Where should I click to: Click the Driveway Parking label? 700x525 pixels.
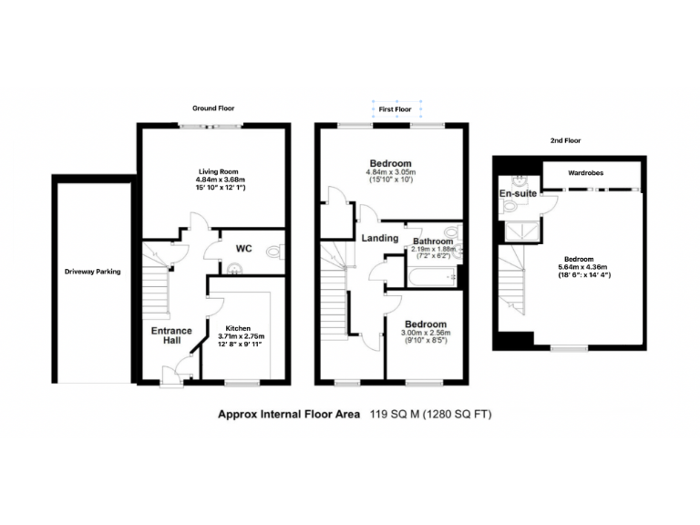[x=92, y=272]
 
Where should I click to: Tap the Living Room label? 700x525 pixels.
[x=217, y=170]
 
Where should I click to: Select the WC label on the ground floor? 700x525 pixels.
[x=243, y=248]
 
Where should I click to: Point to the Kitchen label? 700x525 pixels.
[x=238, y=327]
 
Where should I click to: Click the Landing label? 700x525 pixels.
[x=380, y=239]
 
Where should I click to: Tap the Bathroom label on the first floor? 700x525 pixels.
[x=434, y=241]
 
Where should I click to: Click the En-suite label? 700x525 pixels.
[x=517, y=194]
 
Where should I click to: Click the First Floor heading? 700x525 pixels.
[x=396, y=108]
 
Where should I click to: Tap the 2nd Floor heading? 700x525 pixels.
[x=565, y=141]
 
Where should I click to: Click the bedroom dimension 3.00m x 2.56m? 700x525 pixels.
[x=426, y=335]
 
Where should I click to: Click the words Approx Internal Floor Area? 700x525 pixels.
[x=288, y=415]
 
